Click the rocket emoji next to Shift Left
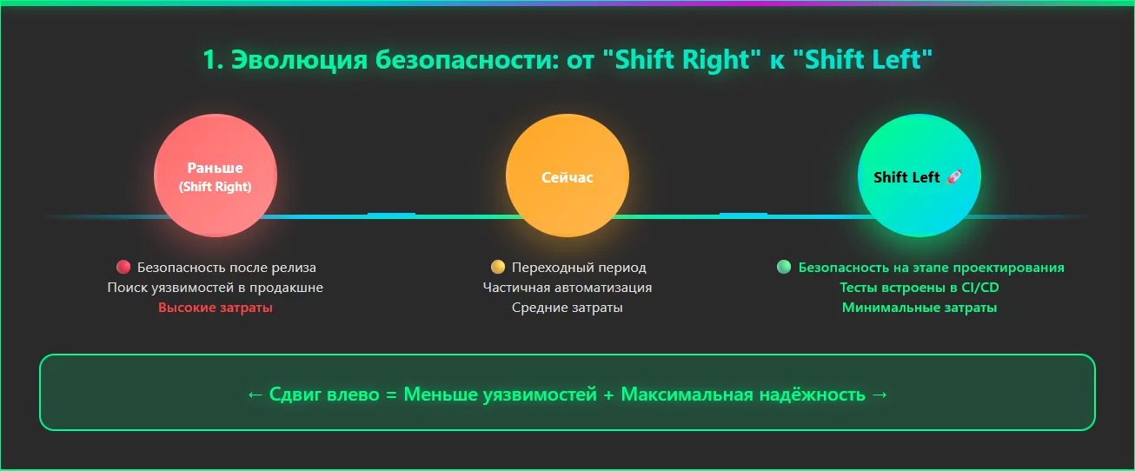pyautogui.click(x=953, y=177)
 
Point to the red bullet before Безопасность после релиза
pyautogui.click(x=123, y=268)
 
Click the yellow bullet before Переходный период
pyautogui.click(x=498, y=268)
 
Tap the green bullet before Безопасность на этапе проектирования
pyautogui.click(x=784, y=268)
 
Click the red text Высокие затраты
pyautogui.click(x=216, y=308)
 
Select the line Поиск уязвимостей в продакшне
pyautogui.click(x=216, y=288)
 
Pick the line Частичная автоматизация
pyautogui.click(x=567, y=288)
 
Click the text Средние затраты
pyautogui.click(x=567, y=308)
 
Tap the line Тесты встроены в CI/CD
pyautogui.click(x=919, y=288)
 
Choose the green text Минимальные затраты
pyautogui.click(x=919, y=308)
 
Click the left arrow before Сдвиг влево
pyautogui.click(x=255, y=395)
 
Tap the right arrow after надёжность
pyautogui.click(x=879, y=395)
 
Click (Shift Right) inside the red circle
pyautogui.click(x=215, y=187)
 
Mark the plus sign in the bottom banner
pyautogui.click(x=609, y=395)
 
